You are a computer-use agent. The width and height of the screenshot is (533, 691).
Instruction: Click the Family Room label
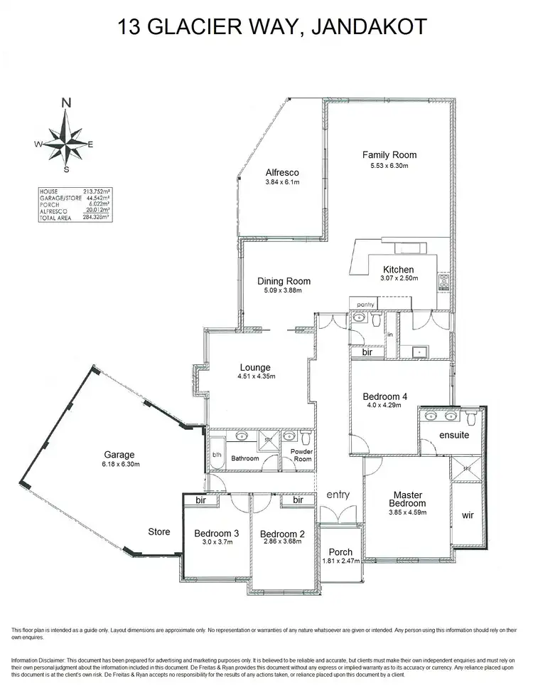coord(389,154)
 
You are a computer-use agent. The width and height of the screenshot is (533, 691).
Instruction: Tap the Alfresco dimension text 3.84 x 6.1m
coord(281,182)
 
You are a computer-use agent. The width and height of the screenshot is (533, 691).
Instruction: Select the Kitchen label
coord(398,270)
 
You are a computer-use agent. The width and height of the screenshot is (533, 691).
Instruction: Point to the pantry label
coord(365,305)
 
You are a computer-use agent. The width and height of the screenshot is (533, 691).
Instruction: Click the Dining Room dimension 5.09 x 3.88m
coord(284,290)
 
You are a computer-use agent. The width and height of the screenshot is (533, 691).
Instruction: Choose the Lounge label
coord(254,367)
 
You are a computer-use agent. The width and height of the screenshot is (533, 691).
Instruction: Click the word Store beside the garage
coord(159,532)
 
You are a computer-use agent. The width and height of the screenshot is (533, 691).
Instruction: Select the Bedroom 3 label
coord(216,534)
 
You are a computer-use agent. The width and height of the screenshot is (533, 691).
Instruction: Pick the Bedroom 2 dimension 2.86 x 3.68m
coord(282,542)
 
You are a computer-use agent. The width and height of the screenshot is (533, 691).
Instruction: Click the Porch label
coord(340,552)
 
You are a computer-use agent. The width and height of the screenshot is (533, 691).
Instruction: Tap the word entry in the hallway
coord(338,495)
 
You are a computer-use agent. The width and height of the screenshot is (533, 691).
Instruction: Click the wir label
coord(468,515)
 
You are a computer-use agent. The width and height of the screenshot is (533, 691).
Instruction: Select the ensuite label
coord(453,434)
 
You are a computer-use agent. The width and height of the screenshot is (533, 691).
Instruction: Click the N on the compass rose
coord(66,102)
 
